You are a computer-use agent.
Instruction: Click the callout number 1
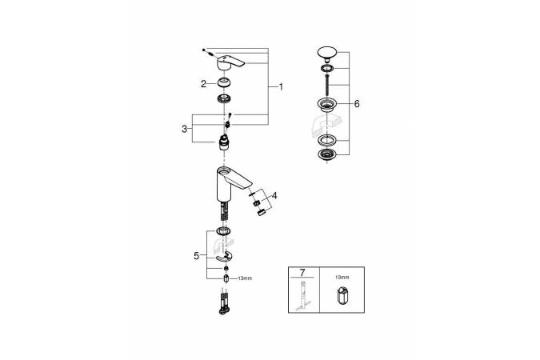281,87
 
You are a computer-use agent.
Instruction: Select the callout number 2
203,84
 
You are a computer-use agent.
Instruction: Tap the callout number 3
185,129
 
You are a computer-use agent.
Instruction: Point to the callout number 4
274,196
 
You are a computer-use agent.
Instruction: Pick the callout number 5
196,256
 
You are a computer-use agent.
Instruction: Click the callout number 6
357,104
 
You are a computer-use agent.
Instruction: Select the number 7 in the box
302,273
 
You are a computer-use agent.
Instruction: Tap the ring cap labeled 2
224,83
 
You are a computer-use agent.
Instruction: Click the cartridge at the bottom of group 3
224,143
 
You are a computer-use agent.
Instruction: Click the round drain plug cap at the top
326,53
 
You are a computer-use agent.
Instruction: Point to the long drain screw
326,85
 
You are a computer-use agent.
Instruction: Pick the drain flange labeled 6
326,104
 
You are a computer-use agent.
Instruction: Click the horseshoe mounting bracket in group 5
224,257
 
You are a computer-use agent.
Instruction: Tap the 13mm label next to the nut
245,278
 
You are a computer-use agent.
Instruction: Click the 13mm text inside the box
342,277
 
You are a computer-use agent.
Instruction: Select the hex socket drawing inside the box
342,295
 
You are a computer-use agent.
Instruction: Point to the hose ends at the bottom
224,303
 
